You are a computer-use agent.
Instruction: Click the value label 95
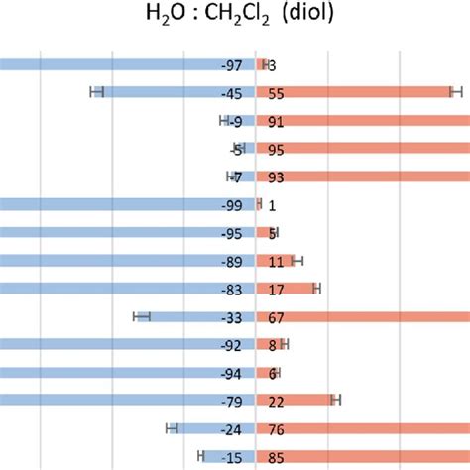(x=277, y=150)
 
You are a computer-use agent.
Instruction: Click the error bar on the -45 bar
(x=97, y=92)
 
